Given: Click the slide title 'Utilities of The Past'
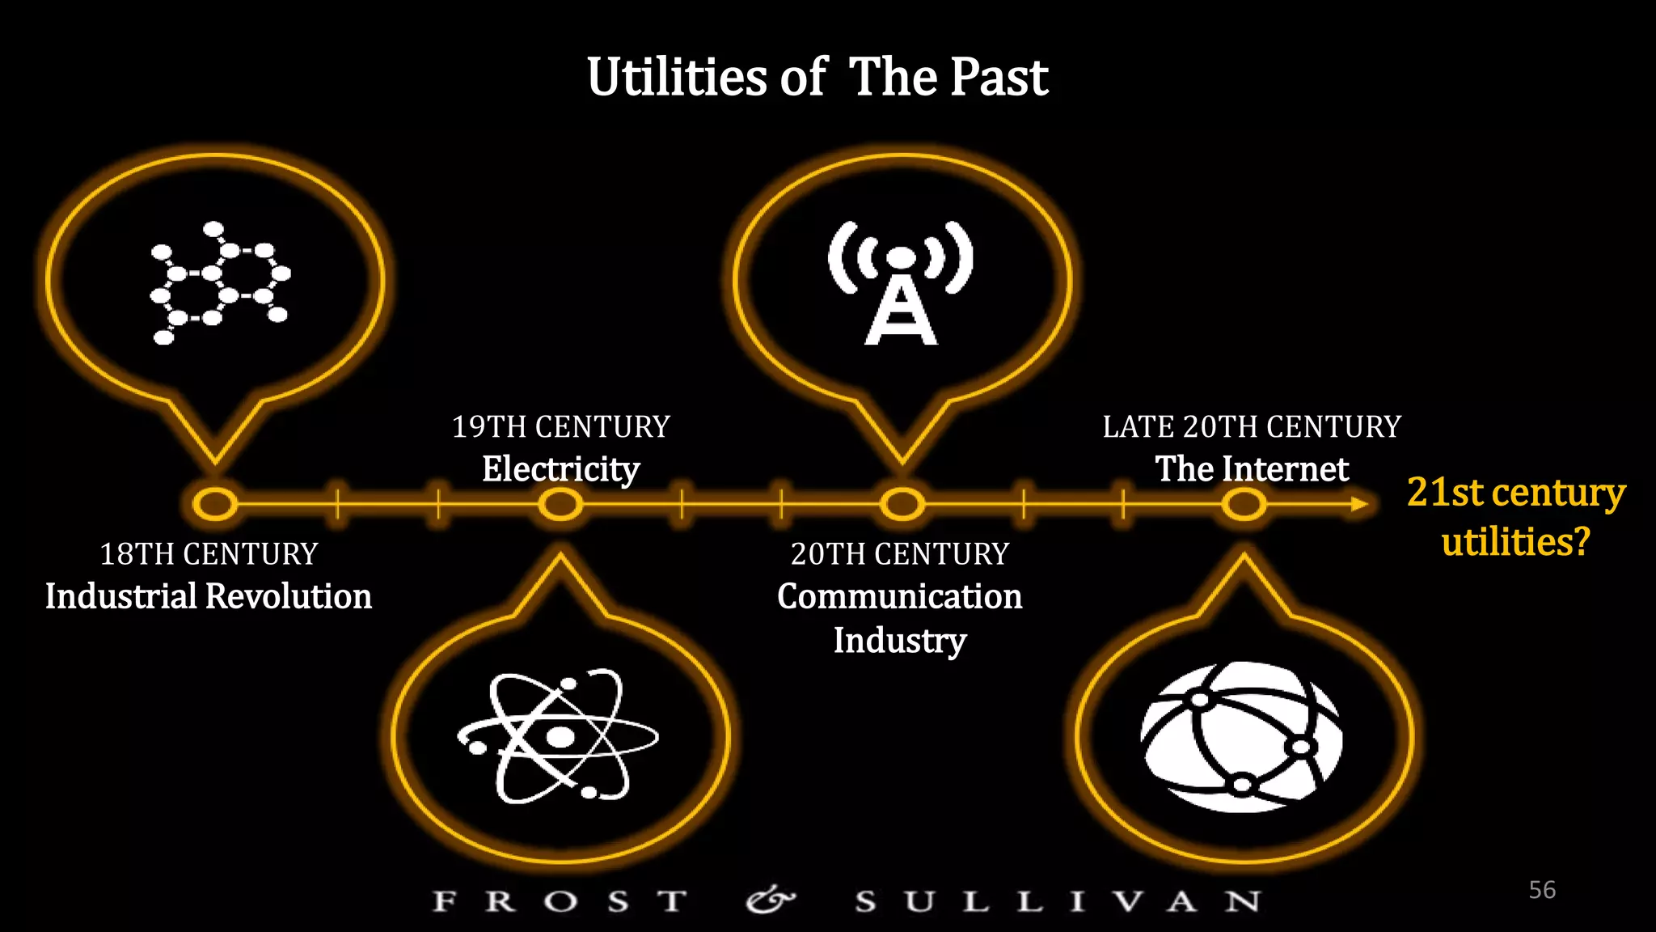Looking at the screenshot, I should click(x=817, y=78).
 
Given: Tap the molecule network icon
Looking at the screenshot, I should click(x=219, y=283).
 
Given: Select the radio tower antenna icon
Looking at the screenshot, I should click(x=901, y=283).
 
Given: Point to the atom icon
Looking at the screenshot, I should click(x=559, y=736).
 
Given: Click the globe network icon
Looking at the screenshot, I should click(x=1242, y=736).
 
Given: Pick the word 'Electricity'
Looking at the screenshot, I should click(x=560, y=469).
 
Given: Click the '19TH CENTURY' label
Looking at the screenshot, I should click(x=560, y=426).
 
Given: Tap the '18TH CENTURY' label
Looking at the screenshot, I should click(x=209, y=554).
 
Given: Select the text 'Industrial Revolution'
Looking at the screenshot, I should click(x=209, y=597).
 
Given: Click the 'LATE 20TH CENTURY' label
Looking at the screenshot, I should click(x=1252, y=426).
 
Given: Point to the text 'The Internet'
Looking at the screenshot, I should click(x=1252, y=469).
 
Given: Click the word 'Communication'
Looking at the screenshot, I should click(x=899, y=597).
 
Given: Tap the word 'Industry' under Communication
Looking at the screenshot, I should click(x=899, y=641).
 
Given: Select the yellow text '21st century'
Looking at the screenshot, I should click(x=1515, y=492).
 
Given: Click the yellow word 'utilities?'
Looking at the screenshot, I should click(x=1515, y=541).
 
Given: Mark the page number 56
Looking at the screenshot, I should click(x=1542, y=890).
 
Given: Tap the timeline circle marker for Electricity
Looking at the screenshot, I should click(x=560, y=504).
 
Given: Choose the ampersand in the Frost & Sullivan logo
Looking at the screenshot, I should click(x=770, y=900).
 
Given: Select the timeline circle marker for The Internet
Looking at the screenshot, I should click(x=1244, y=504).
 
